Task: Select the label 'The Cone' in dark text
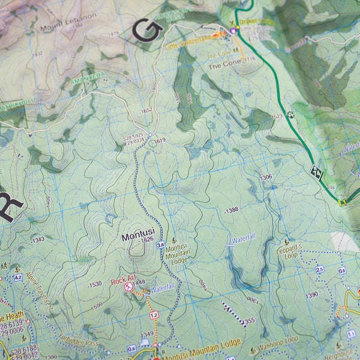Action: pos(223,67)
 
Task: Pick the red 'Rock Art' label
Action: pos(122,281)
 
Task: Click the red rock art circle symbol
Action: pos(128,287)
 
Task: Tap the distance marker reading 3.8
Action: pos(160,245)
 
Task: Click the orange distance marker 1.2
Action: pos(154,314)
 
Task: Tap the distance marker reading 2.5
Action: pos(319,269)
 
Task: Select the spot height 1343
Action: pos(39,239)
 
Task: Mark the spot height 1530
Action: pos(95,284)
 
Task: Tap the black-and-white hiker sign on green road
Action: pos(316,172)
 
